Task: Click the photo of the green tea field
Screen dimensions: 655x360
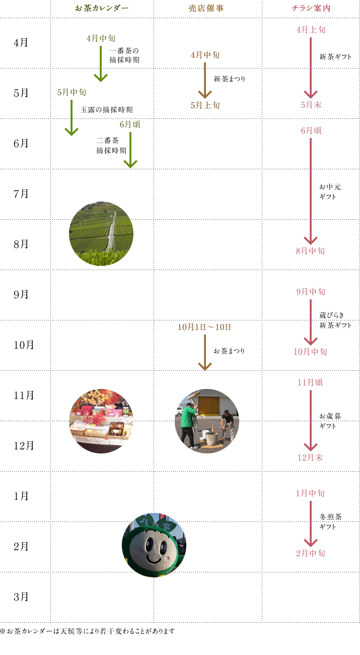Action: [101, 233]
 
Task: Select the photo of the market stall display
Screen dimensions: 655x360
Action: [101, 421]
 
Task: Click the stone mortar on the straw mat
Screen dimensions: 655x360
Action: [211, 437]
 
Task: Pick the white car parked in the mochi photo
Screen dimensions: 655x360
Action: [178, 411]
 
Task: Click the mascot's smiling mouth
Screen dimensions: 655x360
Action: [153, 558]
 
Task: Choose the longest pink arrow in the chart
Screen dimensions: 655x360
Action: [310, 191]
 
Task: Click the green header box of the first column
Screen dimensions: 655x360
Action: [101, 8]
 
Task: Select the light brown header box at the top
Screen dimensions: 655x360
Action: [206, 8]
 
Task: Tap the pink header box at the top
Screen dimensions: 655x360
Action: [311, 8]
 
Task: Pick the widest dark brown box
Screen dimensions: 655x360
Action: [204, 326]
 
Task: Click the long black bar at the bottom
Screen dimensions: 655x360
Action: [87, 631]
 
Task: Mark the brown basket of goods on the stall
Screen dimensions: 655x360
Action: [116, 428]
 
